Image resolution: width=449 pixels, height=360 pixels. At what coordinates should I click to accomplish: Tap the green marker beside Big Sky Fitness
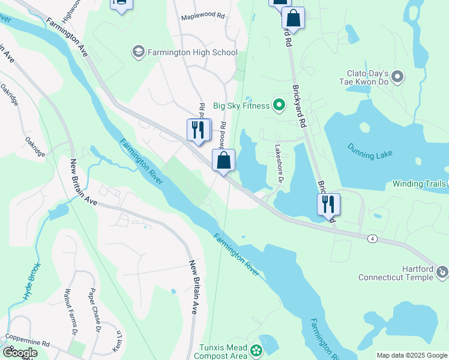click(x=279, y=106)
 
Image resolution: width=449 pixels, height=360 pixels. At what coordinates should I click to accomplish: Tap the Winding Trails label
click(x=420, y=184)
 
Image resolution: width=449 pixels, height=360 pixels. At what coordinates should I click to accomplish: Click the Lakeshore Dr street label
click(x=279, y=164)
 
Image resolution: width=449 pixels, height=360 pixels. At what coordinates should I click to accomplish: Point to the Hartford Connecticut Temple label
click(x=396, y=272)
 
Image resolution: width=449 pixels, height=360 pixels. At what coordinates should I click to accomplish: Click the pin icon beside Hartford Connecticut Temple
click(x=443, y=273)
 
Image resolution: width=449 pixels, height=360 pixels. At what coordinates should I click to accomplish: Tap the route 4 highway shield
click(x=373, y=239)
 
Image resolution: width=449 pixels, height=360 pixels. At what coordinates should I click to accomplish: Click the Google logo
click(x=20, y=353)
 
